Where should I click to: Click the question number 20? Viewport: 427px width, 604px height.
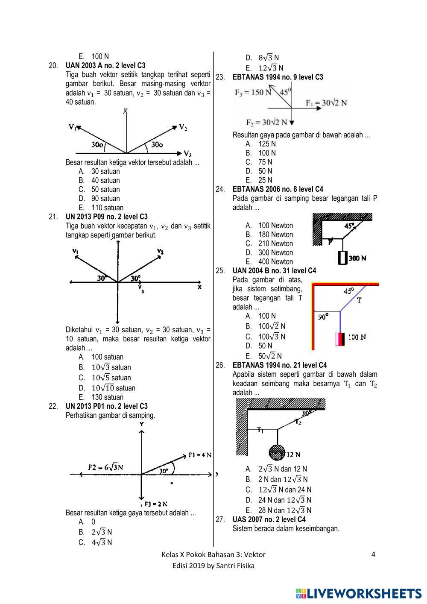pos(53,66)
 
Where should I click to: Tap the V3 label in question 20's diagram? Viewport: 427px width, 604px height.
pos(187,153)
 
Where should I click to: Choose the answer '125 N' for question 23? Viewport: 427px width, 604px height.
pos(267,144)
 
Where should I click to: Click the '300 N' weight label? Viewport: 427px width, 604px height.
pos(357,258)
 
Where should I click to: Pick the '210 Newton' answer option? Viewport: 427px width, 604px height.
pos(275,243)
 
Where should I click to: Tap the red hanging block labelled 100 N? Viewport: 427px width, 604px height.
pos(340,339)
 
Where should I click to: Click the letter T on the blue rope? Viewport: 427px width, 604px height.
pos(359,300)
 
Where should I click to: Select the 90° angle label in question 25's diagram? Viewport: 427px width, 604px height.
pos(323,317)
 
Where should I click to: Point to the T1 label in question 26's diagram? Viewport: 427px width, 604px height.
pos(260,430)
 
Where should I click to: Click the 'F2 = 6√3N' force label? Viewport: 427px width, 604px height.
pos(105,467)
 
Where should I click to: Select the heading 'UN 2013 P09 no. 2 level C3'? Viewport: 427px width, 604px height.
pos(106,217)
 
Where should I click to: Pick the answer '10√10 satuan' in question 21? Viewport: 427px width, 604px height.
pos(113,388)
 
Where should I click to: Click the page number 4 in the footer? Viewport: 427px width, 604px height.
pos(373,554)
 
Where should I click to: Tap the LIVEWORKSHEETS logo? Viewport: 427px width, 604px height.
pos(358,593)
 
